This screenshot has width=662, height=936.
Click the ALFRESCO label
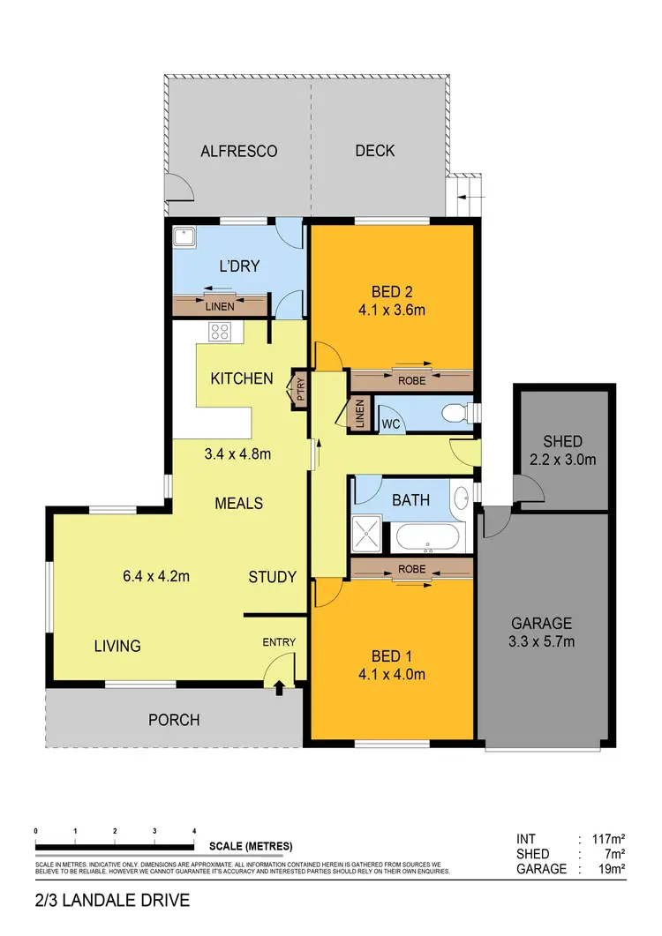[x=238, y=151]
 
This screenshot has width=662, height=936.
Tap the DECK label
[x=375, y=151]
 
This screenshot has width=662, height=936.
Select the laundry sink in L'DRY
[x=185, y=238]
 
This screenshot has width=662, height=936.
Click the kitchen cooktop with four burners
[x=220, y=333]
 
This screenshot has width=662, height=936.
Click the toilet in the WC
[x=456, y=412]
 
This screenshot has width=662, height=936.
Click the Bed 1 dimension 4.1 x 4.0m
[x=394, y=675]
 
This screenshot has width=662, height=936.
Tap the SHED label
[x=563, y=441]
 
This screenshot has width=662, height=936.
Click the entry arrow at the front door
[x=280, y=686]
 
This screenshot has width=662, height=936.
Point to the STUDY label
[x=271, y=577]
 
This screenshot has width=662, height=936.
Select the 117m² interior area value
[x=607, y=839]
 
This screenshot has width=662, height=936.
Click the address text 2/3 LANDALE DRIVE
[x=112, y=901]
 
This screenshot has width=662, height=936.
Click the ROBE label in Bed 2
[x=411, y=381]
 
